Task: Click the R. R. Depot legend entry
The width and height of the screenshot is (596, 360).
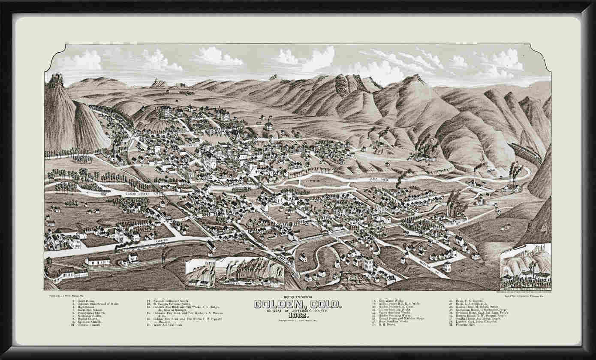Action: (x=386, y=324)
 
